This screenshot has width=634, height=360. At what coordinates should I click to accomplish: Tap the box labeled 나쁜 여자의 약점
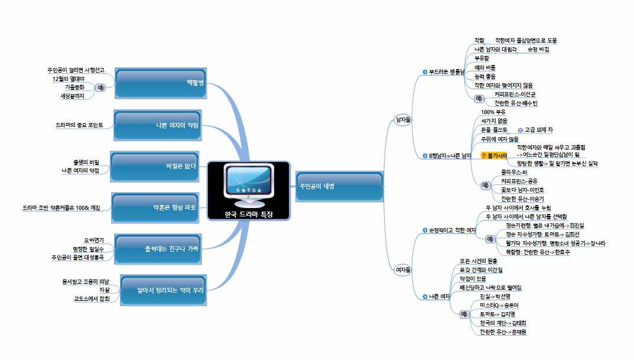point(160,125)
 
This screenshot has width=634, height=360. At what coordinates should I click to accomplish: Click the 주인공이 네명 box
point(339,186)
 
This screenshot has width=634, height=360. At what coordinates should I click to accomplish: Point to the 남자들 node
point(403,120)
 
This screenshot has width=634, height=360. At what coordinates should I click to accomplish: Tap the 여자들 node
point(403,270)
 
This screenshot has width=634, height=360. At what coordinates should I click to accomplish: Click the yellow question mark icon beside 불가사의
point(483,155)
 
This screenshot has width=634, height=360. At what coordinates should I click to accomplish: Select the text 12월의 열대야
point(69,79)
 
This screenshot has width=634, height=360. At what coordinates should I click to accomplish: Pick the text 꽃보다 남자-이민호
point(522,190)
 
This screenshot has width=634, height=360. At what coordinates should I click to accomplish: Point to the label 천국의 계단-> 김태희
point(503,323)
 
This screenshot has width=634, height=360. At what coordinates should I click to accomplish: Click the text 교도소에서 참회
point(84,298)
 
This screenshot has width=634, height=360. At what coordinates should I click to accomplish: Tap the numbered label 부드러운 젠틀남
point(446,72)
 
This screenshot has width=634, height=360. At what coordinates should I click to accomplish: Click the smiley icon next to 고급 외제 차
point(519,130)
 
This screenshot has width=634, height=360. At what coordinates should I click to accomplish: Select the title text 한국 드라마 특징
point(249,215)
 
